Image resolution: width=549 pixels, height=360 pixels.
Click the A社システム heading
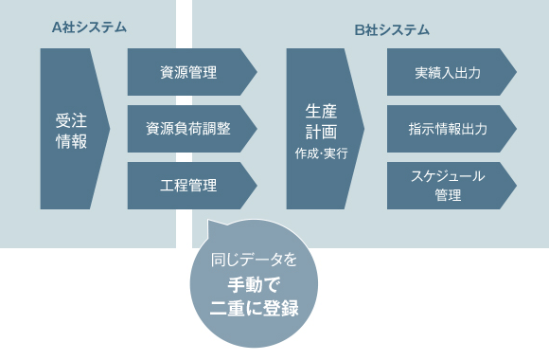(89, 27)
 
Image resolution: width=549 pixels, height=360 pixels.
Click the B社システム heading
(392, 29)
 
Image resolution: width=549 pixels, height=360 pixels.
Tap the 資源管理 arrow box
(189, 72)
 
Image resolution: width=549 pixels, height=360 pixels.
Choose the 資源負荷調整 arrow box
(189, 129)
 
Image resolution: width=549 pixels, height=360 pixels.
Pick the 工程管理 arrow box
(189, 186)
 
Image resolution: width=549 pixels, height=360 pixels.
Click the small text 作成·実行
(322, 152)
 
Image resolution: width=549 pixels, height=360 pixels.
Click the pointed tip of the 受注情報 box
(107, 129)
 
